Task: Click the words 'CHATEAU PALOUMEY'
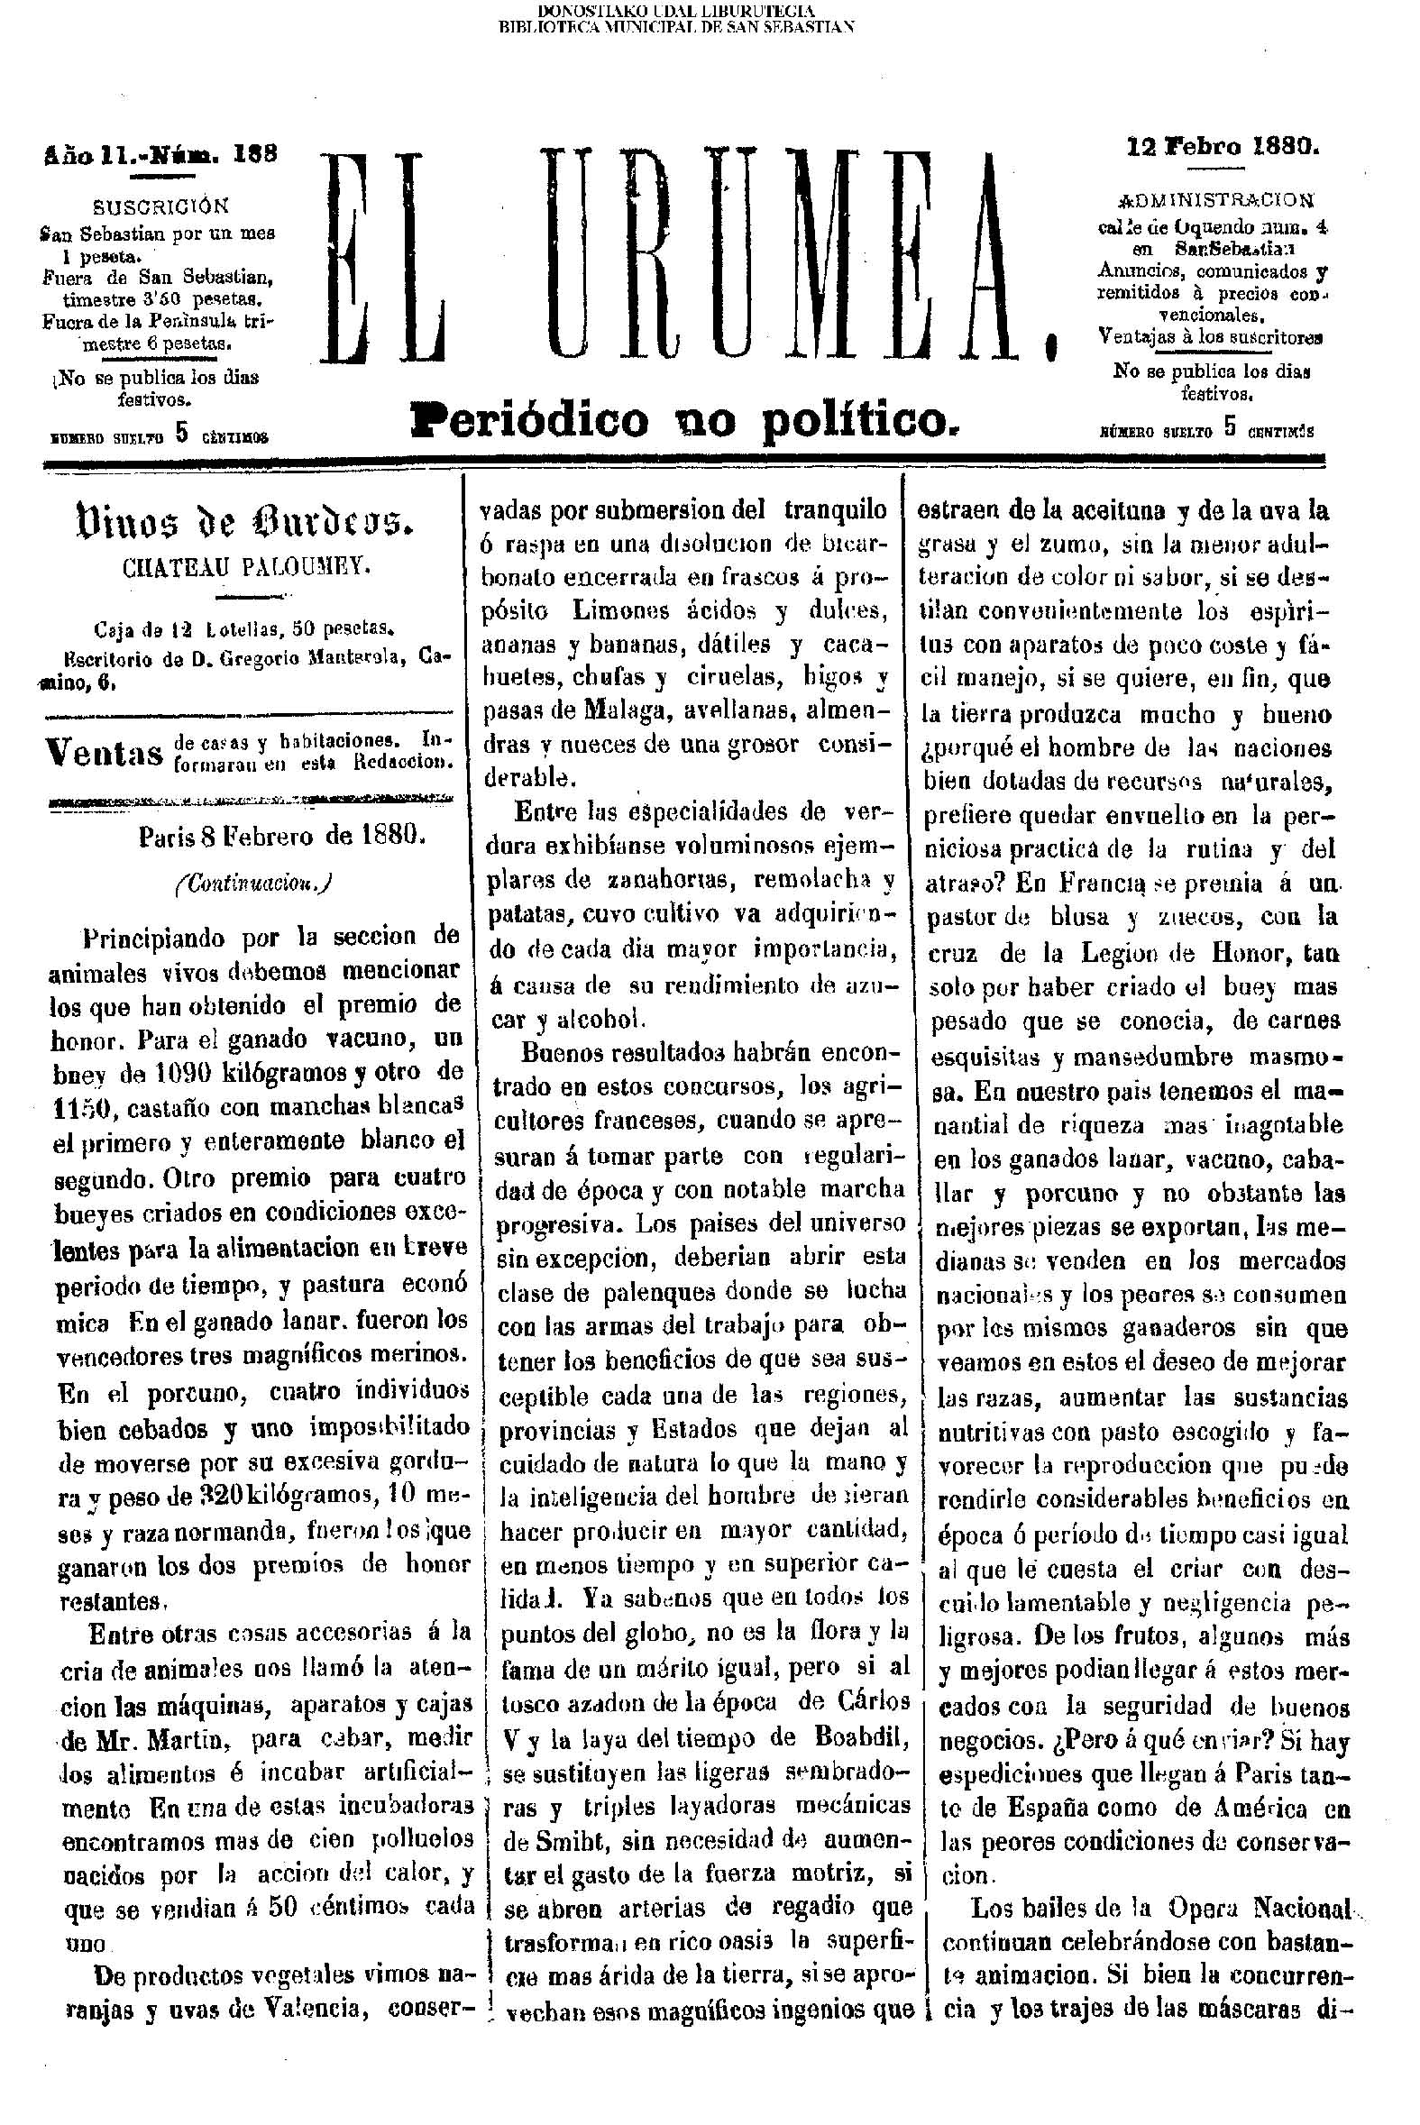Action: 246,568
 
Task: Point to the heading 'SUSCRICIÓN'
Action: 161,206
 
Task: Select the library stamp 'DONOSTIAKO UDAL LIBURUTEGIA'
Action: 676,11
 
